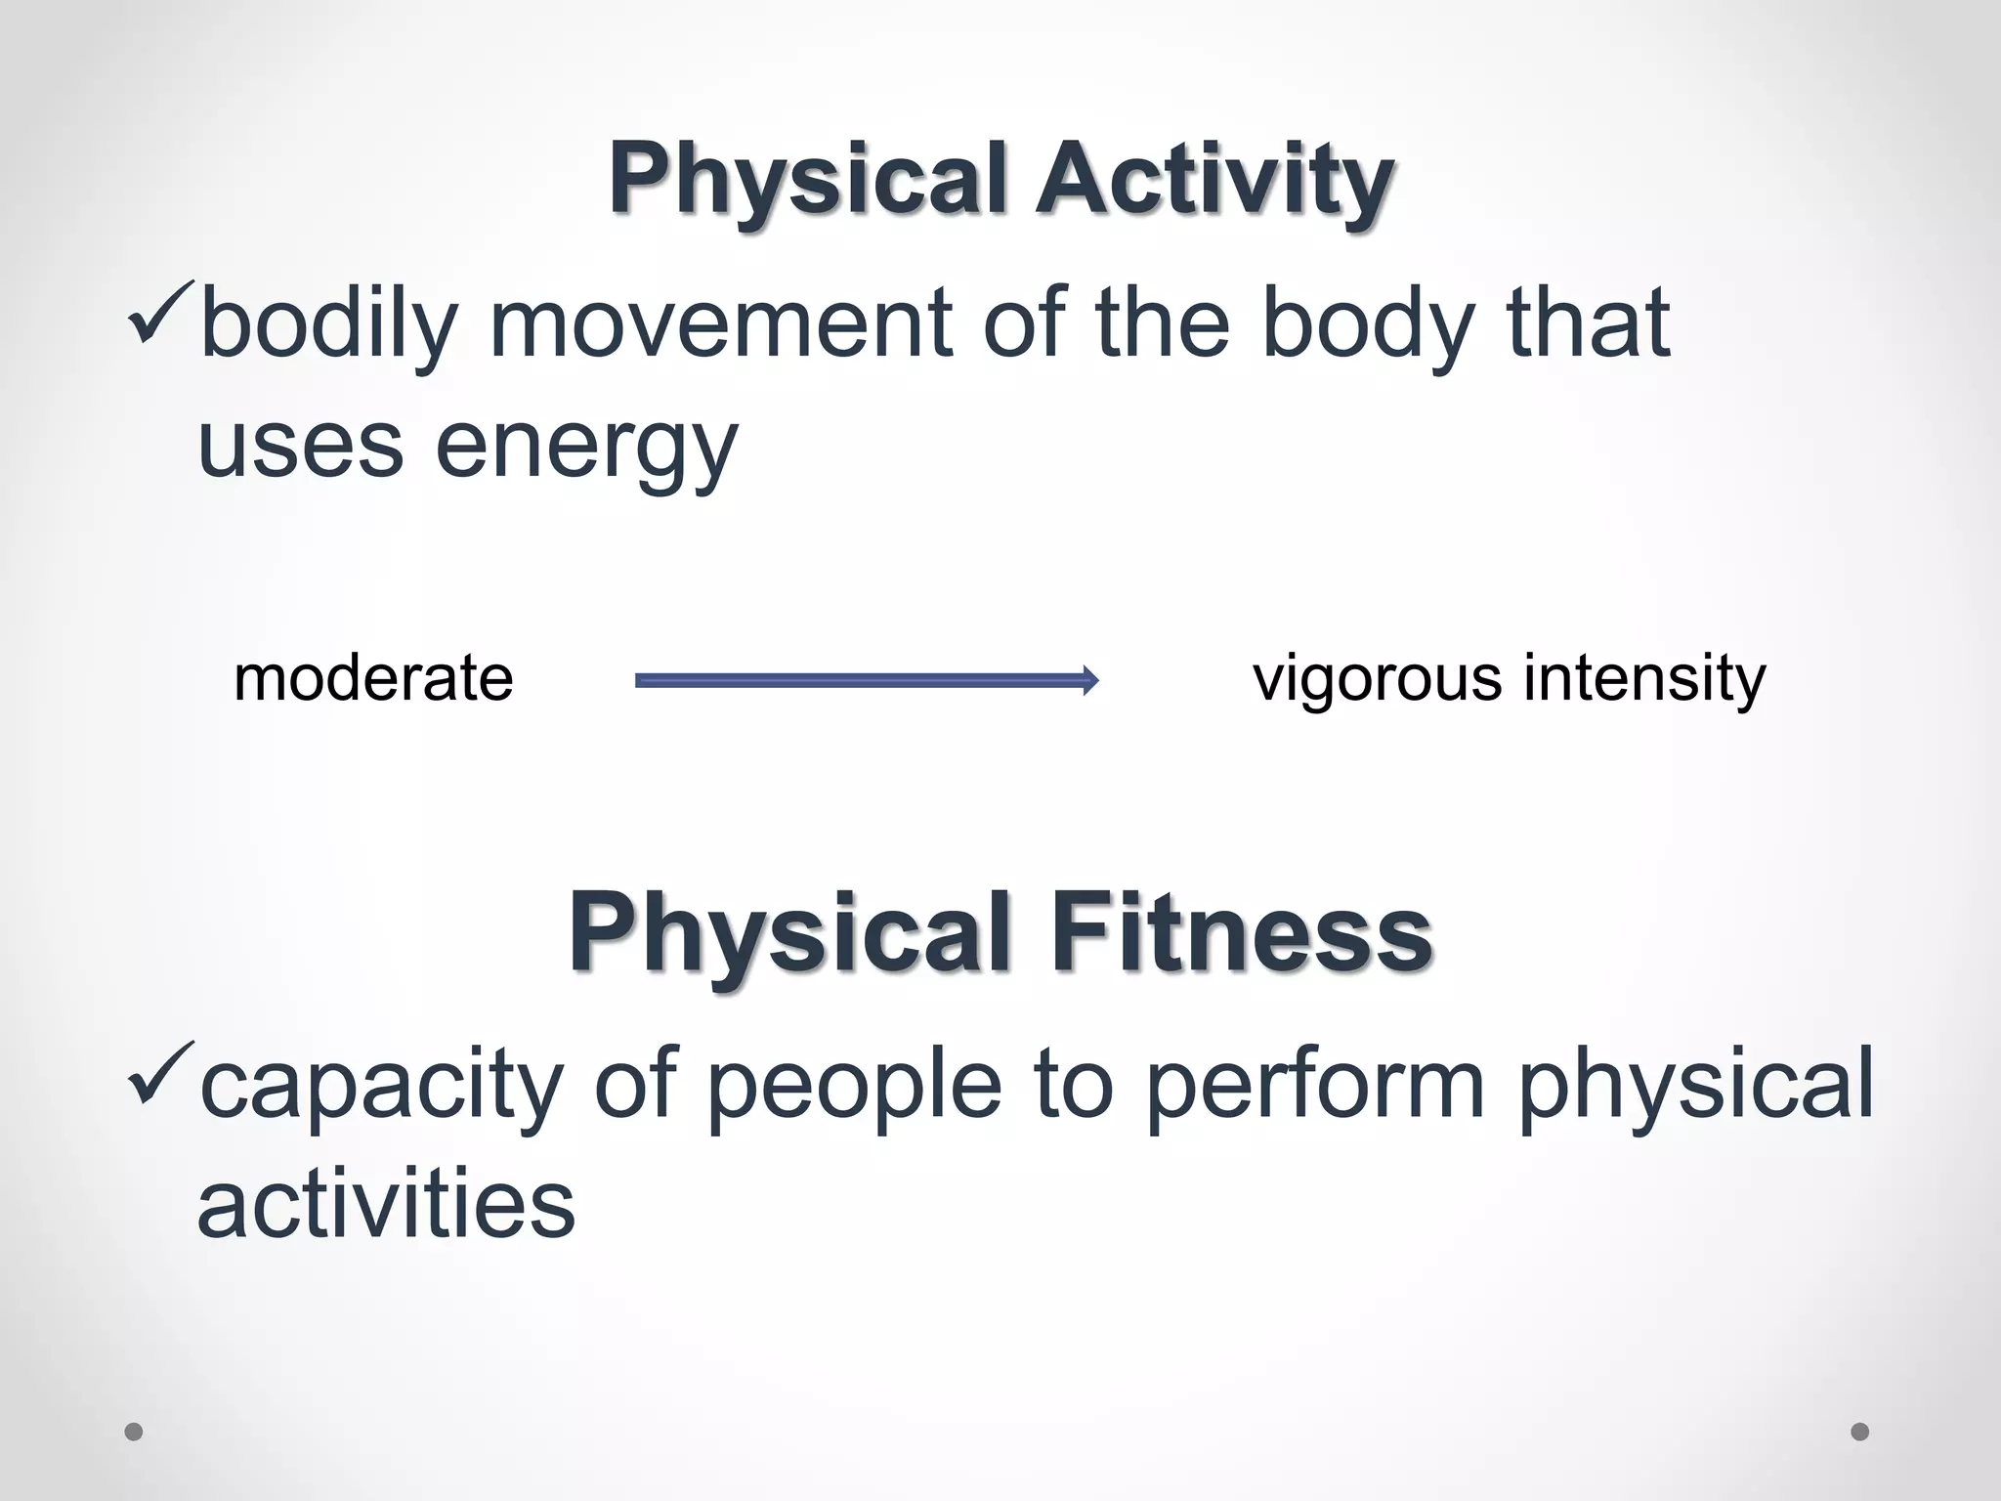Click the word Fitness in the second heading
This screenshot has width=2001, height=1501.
point(1241,933)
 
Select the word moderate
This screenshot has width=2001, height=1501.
point(373,679)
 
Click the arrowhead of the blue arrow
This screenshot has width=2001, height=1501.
point(1090,680)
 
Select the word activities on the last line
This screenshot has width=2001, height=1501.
point(387,1205)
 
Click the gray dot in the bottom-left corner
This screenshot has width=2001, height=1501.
point(134,1432)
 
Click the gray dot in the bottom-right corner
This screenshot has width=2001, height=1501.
point(1859,1432)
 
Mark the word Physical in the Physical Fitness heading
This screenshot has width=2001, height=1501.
point(789,933)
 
